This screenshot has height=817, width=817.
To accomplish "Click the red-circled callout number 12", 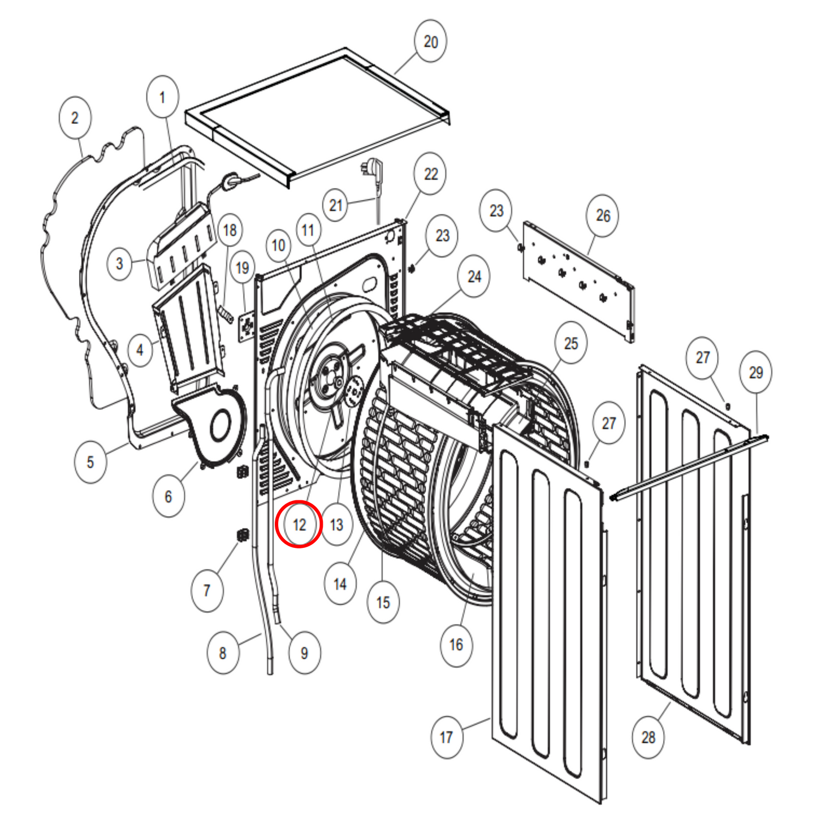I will pos(299,525).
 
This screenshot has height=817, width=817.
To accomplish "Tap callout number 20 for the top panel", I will pos(430,41).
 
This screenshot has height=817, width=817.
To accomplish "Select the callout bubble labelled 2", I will pos(75,118).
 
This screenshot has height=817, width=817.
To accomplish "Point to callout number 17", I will pos(446,737).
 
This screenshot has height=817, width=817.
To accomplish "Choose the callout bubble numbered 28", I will pos(648,737).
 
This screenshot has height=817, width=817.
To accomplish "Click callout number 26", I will pos(603,215).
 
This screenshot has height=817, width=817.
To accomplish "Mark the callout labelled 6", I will pos(168,496).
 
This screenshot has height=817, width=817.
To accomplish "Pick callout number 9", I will pos(304,653).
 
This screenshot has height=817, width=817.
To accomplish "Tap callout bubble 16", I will pos(456,645).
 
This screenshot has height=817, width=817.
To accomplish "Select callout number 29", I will pos(756,373).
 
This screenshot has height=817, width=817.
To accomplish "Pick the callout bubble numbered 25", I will pos(571,343).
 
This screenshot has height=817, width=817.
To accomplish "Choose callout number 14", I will pos(340,584).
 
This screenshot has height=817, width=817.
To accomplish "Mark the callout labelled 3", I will pos(119,263).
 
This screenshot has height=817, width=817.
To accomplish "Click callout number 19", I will pos(243,267).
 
